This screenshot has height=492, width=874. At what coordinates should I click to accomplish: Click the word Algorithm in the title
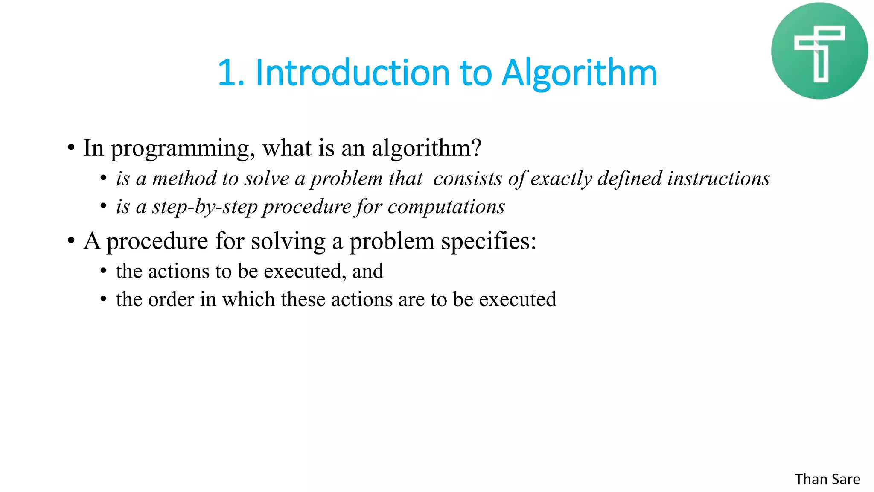coord(579,73)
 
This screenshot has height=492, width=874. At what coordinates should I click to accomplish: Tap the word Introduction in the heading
coord(353,73)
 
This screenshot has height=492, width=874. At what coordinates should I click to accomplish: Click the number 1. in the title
coord(231,73)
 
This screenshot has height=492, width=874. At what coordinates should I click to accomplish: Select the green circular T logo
coord(819,51)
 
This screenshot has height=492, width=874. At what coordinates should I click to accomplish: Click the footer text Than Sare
coord(827,479)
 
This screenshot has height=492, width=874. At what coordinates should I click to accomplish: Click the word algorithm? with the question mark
coord(426,149)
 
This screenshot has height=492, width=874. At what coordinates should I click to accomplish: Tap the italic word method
coord(184,179)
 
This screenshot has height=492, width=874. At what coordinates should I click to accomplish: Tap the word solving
coord(288,242)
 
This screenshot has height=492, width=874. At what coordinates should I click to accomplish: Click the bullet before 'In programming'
coord(71,148)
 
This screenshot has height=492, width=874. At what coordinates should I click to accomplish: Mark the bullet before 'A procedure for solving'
coord(71,241)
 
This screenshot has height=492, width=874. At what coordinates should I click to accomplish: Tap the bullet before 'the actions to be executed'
coord(103,271)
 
